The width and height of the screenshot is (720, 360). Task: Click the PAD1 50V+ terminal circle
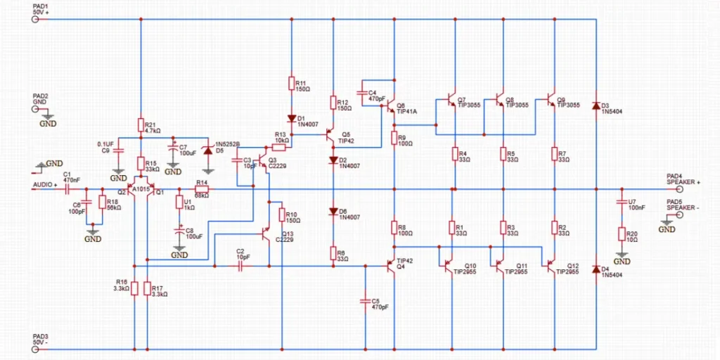[x=35, y=20]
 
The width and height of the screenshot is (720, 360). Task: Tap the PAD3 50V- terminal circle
[x=35, y=349]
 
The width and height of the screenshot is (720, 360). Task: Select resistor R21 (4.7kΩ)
[x=141, y=125]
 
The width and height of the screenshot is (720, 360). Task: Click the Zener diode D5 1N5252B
[x=207, y=149]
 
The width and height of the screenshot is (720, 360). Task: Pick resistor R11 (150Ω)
[x=290, y=84]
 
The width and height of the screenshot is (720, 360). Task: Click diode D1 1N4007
[x=290, y=119]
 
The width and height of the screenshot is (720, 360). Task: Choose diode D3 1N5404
[x=596, y=106]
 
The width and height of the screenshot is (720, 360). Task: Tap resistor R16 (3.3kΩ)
[x=134, y=288]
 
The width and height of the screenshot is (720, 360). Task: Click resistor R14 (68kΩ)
[x=201, y=189]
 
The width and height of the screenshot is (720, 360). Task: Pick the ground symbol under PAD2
[x=48, y=117]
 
